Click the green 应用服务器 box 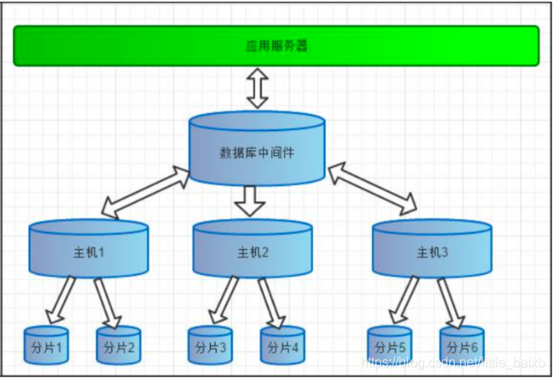(x=276, y=45)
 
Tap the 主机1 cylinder (x=89, y=249)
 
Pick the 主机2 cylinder (x=253, y=251)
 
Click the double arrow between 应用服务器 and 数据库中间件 (x=257, y=89)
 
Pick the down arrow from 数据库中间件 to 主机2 (x=249, y=200)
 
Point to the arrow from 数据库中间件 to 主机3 (x=372, y=188)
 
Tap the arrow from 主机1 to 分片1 (x=60, y=301)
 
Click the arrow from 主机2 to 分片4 (x=272, y=302)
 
